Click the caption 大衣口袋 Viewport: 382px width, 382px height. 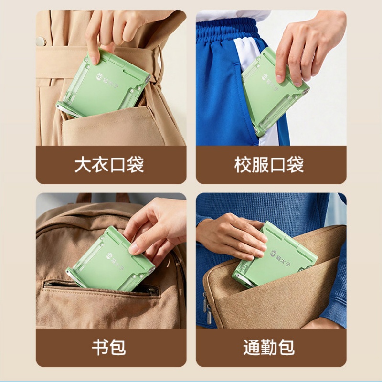pos(109,165)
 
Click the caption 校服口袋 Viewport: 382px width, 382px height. pos(269,165)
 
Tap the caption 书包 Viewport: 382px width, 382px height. pos(109,347)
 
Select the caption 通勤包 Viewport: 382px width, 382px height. pos(269,347)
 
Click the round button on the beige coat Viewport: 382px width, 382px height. pos(41,42)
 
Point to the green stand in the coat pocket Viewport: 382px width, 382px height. pos(104,84)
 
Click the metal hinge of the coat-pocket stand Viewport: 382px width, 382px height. pos(148,78)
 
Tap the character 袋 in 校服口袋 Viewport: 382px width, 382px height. pos(295,165)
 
